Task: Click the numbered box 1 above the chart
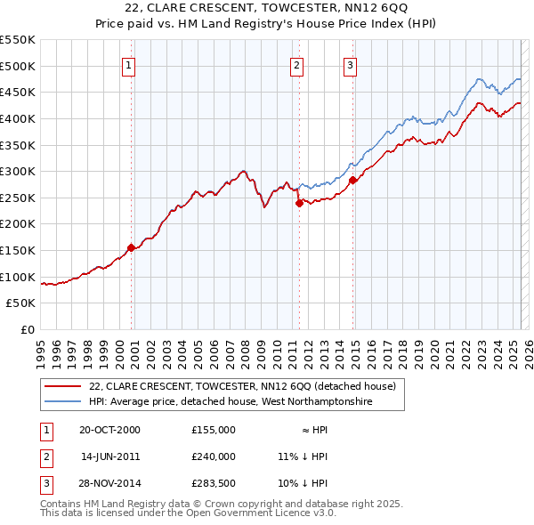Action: (x=129, y=64)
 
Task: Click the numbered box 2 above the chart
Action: (x=296, y=64)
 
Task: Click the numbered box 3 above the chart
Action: (x=351, y=64)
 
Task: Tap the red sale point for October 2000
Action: (x=132, y=247)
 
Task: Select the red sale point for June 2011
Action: (x=299, y=203)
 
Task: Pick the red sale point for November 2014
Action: (x=353, y=180)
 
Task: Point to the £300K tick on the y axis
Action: (x=18, y=171)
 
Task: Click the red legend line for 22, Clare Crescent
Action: (x=62, y=386)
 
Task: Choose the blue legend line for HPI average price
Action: (x=62, y=401)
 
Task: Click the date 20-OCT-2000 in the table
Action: (x=109, y=430)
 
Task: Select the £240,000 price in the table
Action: (x=214, y=456)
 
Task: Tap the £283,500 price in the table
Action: (x=214, y=483)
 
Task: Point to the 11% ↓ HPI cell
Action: (x=303, y=456)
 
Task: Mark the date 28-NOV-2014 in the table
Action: (x=109, y=483)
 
